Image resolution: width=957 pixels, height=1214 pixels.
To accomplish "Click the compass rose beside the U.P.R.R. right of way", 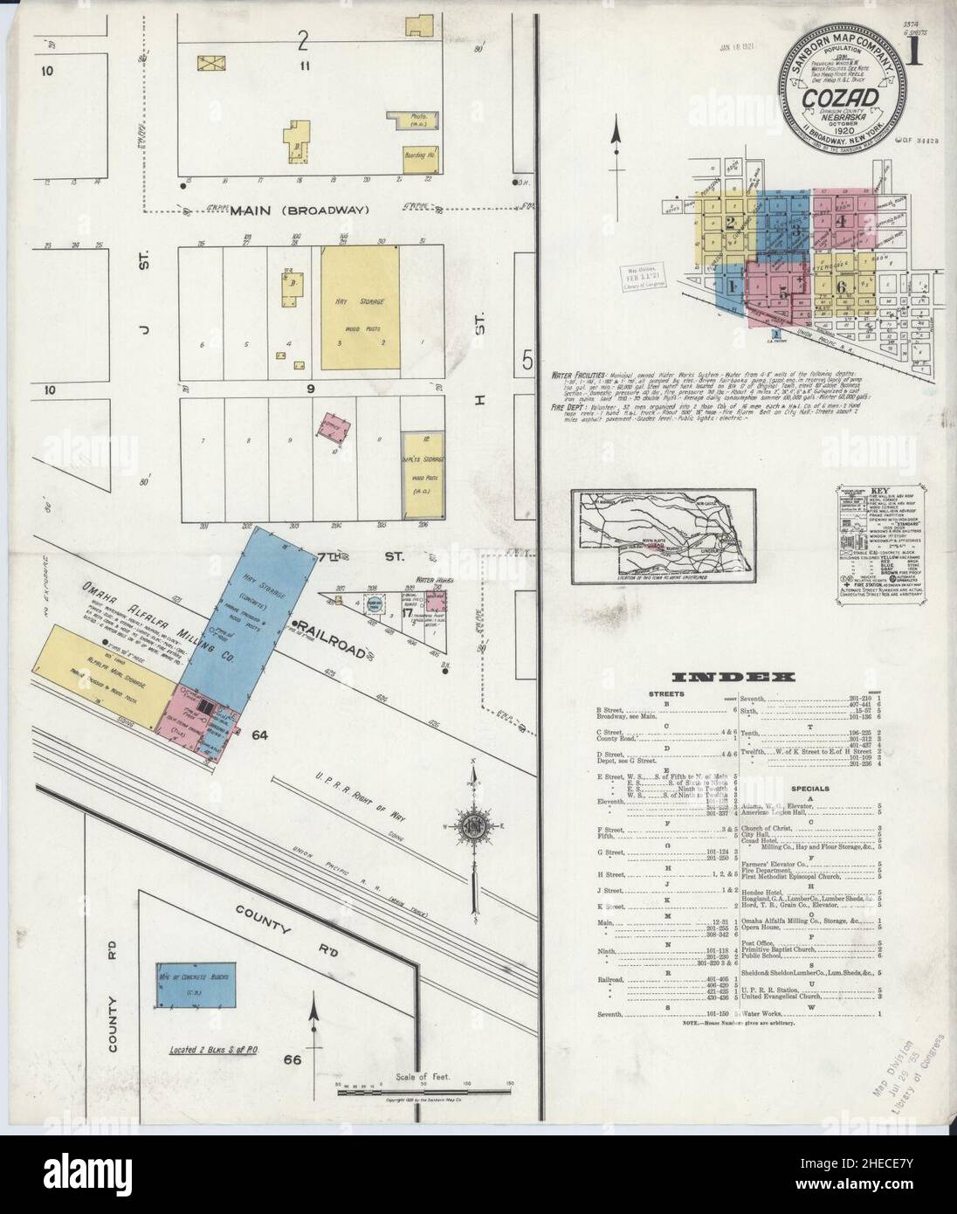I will pyautogui.click(x=473, y=824).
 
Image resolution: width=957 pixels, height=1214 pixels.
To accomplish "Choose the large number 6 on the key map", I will pyautogui.click(x=842, y=286).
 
